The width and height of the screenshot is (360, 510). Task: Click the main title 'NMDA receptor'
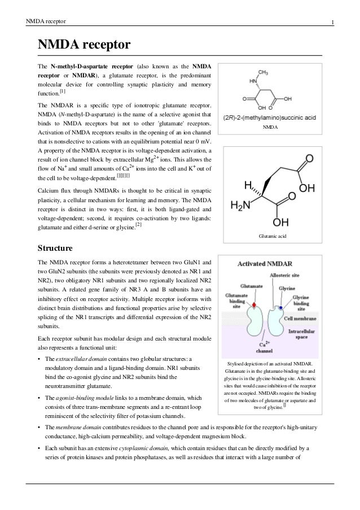[84, 45]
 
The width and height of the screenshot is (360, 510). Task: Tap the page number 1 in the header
[333, 22]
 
